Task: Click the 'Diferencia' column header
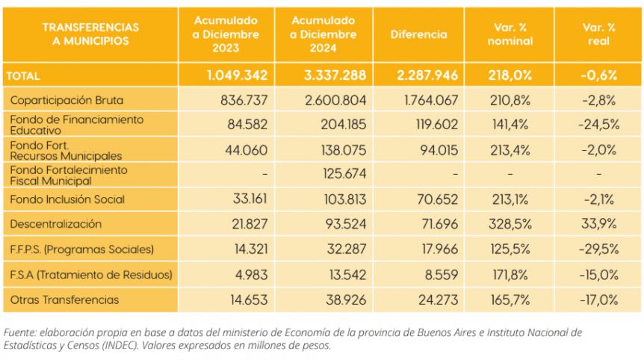pos(418,34)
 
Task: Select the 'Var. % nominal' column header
pos(510,34)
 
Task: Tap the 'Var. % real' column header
pos(598,34)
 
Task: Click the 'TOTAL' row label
pos(23,76)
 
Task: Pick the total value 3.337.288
pos(335,75)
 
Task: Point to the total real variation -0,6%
pos(598,75)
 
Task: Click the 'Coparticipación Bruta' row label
pos(66,100)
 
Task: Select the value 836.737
pos(244,100)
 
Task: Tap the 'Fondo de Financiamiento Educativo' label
pos(77,125)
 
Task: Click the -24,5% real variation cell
pos(599,125)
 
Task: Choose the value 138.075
pos(344,150)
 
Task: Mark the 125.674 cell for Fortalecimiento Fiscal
pos(344,173)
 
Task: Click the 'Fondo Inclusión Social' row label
pos(67,199)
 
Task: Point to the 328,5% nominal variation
pos(510,224)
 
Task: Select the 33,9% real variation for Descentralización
pos(599,224)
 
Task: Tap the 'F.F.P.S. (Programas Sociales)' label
pos(82,249)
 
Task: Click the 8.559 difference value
pos(441,275)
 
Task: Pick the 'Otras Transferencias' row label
pos(64,300)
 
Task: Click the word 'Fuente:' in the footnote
pos(19,332)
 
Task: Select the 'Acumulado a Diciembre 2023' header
pos(226,34)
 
